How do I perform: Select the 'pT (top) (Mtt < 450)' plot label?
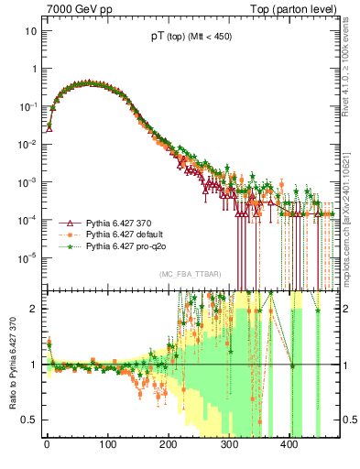191,40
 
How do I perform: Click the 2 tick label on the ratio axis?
34,309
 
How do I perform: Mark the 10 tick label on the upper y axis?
30,30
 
